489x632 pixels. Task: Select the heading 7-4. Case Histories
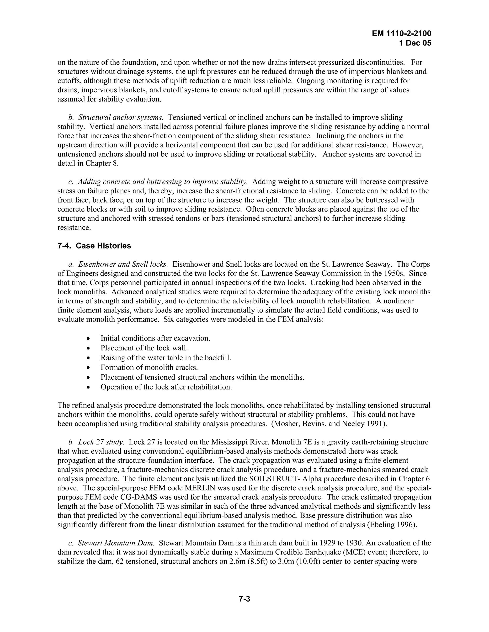coord(94,246)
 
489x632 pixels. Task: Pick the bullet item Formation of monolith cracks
coord(149,368)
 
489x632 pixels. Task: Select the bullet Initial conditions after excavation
coord(155,338)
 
